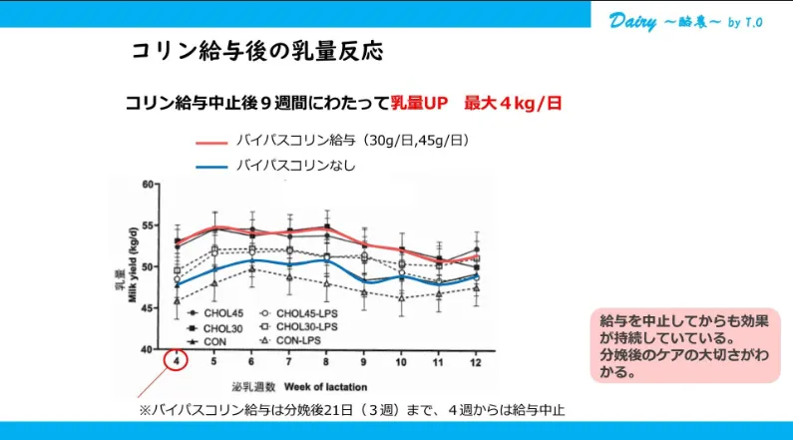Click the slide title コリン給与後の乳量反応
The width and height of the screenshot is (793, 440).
click(256, 51)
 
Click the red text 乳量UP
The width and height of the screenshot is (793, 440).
click(420, 104)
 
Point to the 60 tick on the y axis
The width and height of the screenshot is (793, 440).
click(147, 185)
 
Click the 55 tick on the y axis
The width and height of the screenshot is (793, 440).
click(147, 226)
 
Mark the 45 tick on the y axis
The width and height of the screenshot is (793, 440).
click(147, 308)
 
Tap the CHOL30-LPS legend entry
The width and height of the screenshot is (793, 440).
click(305, 326)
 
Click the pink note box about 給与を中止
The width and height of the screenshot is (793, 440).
click(688, 345)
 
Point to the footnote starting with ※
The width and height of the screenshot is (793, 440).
click(358, 410)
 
